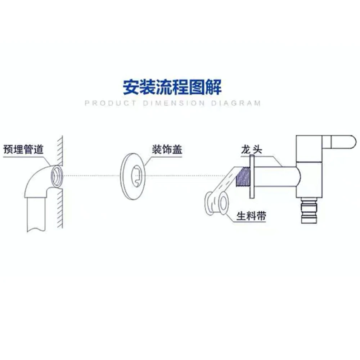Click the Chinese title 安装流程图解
172,87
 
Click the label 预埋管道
23,148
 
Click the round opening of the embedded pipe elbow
56,175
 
